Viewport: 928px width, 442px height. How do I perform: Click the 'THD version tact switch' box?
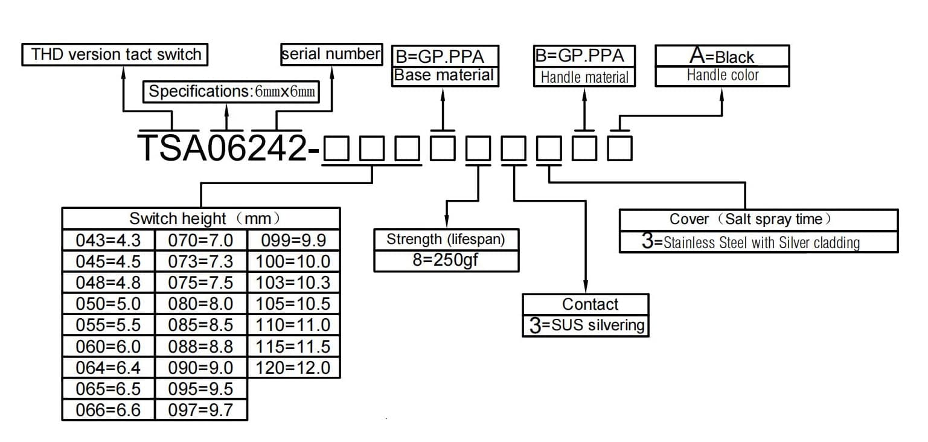point(115,54)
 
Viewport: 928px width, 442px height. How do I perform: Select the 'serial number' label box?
point(331,54)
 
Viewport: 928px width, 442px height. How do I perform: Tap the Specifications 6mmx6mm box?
point(231,92)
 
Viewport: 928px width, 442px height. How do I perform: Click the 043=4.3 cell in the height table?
point(109,240)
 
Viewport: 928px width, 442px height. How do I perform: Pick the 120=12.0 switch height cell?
point(293,368)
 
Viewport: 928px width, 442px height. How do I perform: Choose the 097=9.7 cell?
point(201,410)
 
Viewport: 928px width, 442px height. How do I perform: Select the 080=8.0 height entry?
point(201,304)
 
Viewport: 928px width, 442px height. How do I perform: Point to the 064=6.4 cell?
point(109,368)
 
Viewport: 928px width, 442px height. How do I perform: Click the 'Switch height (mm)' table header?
point(201,219)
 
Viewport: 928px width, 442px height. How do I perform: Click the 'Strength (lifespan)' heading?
point(446,240)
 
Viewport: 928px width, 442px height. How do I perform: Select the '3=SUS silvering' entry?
point(586,325)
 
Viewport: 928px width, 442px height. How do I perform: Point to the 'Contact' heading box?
point(586,304)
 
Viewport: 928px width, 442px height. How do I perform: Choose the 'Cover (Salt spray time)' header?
point(758,220)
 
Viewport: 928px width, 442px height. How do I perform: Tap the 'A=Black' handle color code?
point(722,56)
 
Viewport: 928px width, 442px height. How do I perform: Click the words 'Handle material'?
point(584,77)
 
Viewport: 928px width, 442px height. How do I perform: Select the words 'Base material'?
point(444,75)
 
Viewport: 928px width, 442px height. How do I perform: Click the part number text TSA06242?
point(222,148)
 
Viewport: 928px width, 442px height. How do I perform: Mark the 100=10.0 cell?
point(293,261)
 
